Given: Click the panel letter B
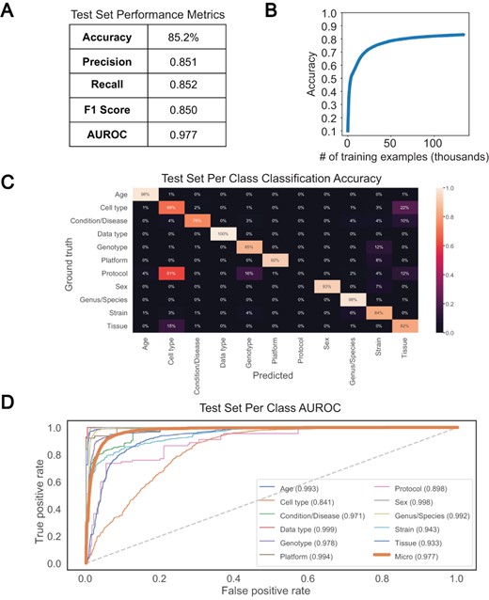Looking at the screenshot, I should (x=252, y=12).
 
